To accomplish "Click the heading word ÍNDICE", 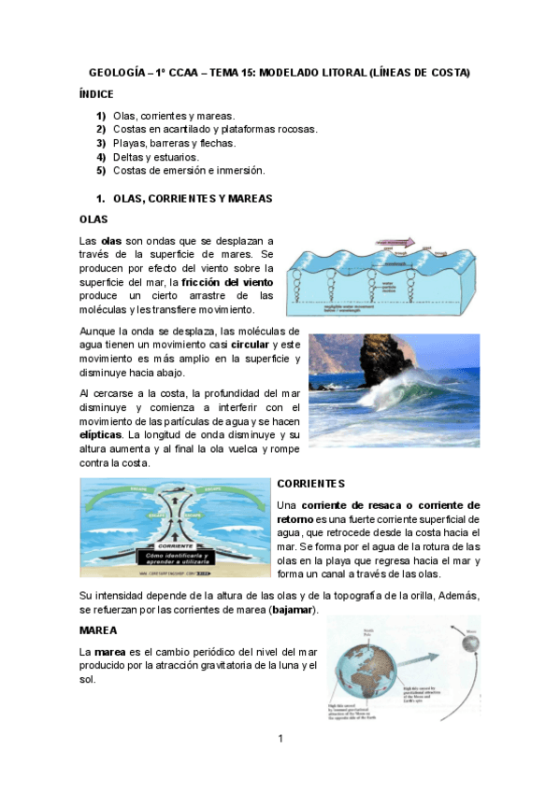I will pyautogui.click(x=97, y=94).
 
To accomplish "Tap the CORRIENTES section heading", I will pyautogui.click(x=311, y=484).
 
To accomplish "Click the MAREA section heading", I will pyautogui.click(x=98, y=629).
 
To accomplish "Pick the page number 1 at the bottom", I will pyautogui.click(x=280, y=739).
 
